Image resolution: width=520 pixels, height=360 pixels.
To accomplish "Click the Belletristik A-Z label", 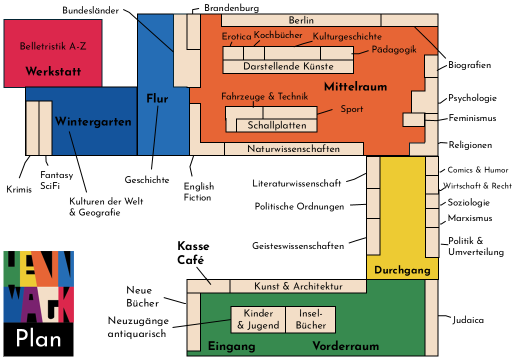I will tap(52, 46).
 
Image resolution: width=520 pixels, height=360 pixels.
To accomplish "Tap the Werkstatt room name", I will tap(53, 71).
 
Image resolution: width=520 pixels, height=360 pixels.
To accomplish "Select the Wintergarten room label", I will tap(93, 121).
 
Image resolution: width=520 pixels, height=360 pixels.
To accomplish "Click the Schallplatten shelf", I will tap(277, 125).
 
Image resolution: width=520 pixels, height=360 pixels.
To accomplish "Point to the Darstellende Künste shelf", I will tap(288, 66).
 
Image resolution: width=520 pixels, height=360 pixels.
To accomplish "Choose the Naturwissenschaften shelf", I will tap(293, 149).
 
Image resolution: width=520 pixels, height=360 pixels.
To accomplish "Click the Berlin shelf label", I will tap(301, 20).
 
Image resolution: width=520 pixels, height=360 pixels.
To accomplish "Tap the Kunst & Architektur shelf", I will tap(298, 286).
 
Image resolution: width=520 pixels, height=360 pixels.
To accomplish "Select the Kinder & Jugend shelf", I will tap(258, 319).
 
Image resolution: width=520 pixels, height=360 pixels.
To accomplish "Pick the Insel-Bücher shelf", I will tap(310, 319).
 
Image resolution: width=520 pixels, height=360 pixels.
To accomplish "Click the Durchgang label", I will tap(402, 270).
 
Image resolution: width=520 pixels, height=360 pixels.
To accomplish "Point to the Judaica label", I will tap(468, 320).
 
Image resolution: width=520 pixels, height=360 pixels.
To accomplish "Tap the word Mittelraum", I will tap(355, 87).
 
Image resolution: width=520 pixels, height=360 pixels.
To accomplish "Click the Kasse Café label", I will tap(193, 253).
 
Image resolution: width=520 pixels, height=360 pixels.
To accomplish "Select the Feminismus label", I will tap(472, 118).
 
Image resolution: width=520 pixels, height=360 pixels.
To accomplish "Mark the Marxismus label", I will tap(469, 218).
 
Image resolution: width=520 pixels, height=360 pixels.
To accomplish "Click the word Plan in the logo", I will tap(38, 339).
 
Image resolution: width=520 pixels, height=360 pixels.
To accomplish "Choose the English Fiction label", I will tap(198, 192).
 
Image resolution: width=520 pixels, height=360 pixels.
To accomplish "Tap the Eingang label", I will tap(231, 346).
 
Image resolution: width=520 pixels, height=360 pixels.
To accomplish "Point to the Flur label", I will tap(157, 98).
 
